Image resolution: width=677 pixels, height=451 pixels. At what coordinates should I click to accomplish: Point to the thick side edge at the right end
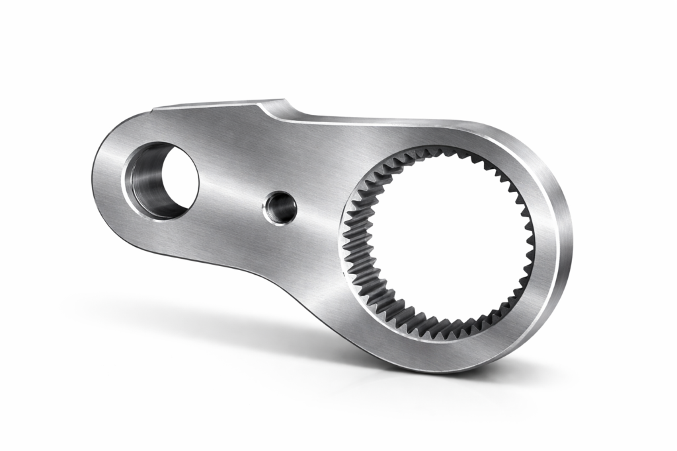562,264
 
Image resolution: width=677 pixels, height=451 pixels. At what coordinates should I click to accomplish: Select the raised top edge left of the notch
212,104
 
